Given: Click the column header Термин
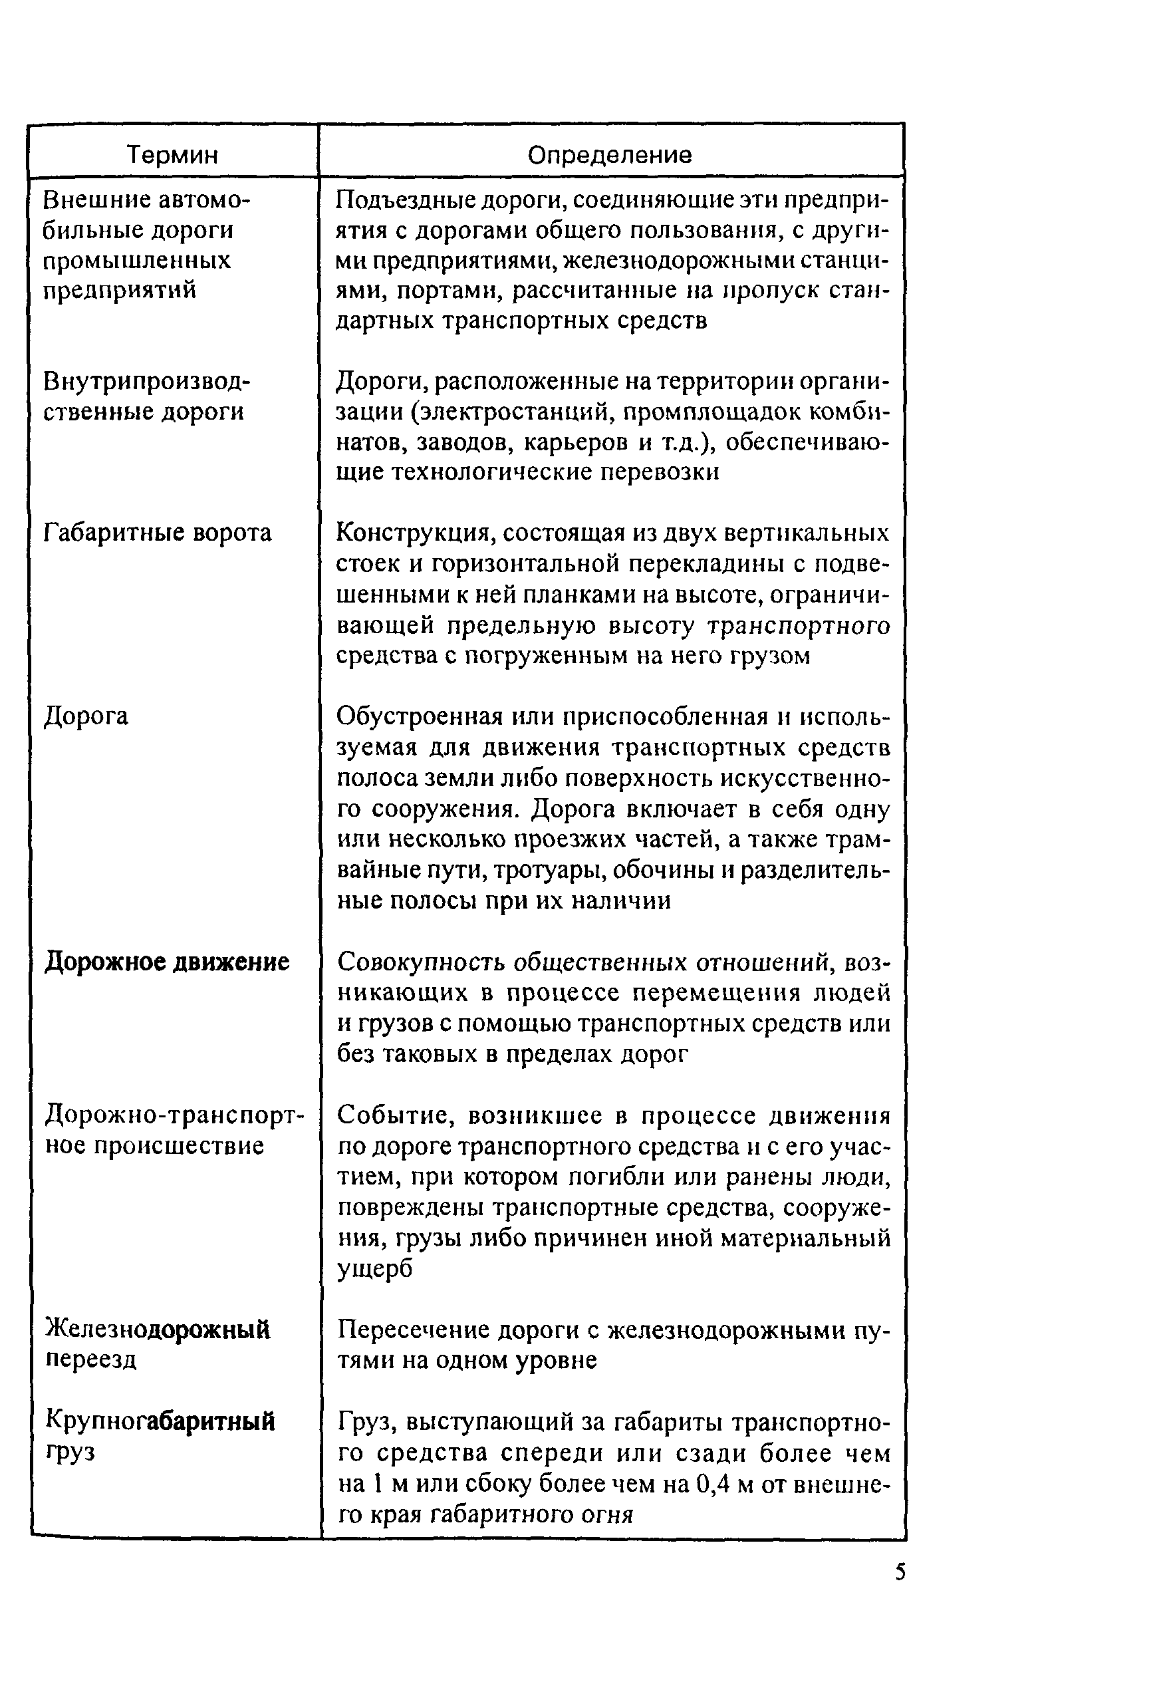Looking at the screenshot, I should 173,154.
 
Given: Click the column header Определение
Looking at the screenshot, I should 610,154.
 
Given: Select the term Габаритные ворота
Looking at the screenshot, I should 158,533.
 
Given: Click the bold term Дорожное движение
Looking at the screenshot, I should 167,962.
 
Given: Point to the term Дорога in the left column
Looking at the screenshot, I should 86,717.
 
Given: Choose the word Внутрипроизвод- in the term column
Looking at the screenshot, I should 146,381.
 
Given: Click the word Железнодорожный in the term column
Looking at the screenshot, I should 158,1329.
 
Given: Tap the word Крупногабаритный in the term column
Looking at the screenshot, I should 160,1421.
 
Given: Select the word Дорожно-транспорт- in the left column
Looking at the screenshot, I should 175,1114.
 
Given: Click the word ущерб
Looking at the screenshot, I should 375,1269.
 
